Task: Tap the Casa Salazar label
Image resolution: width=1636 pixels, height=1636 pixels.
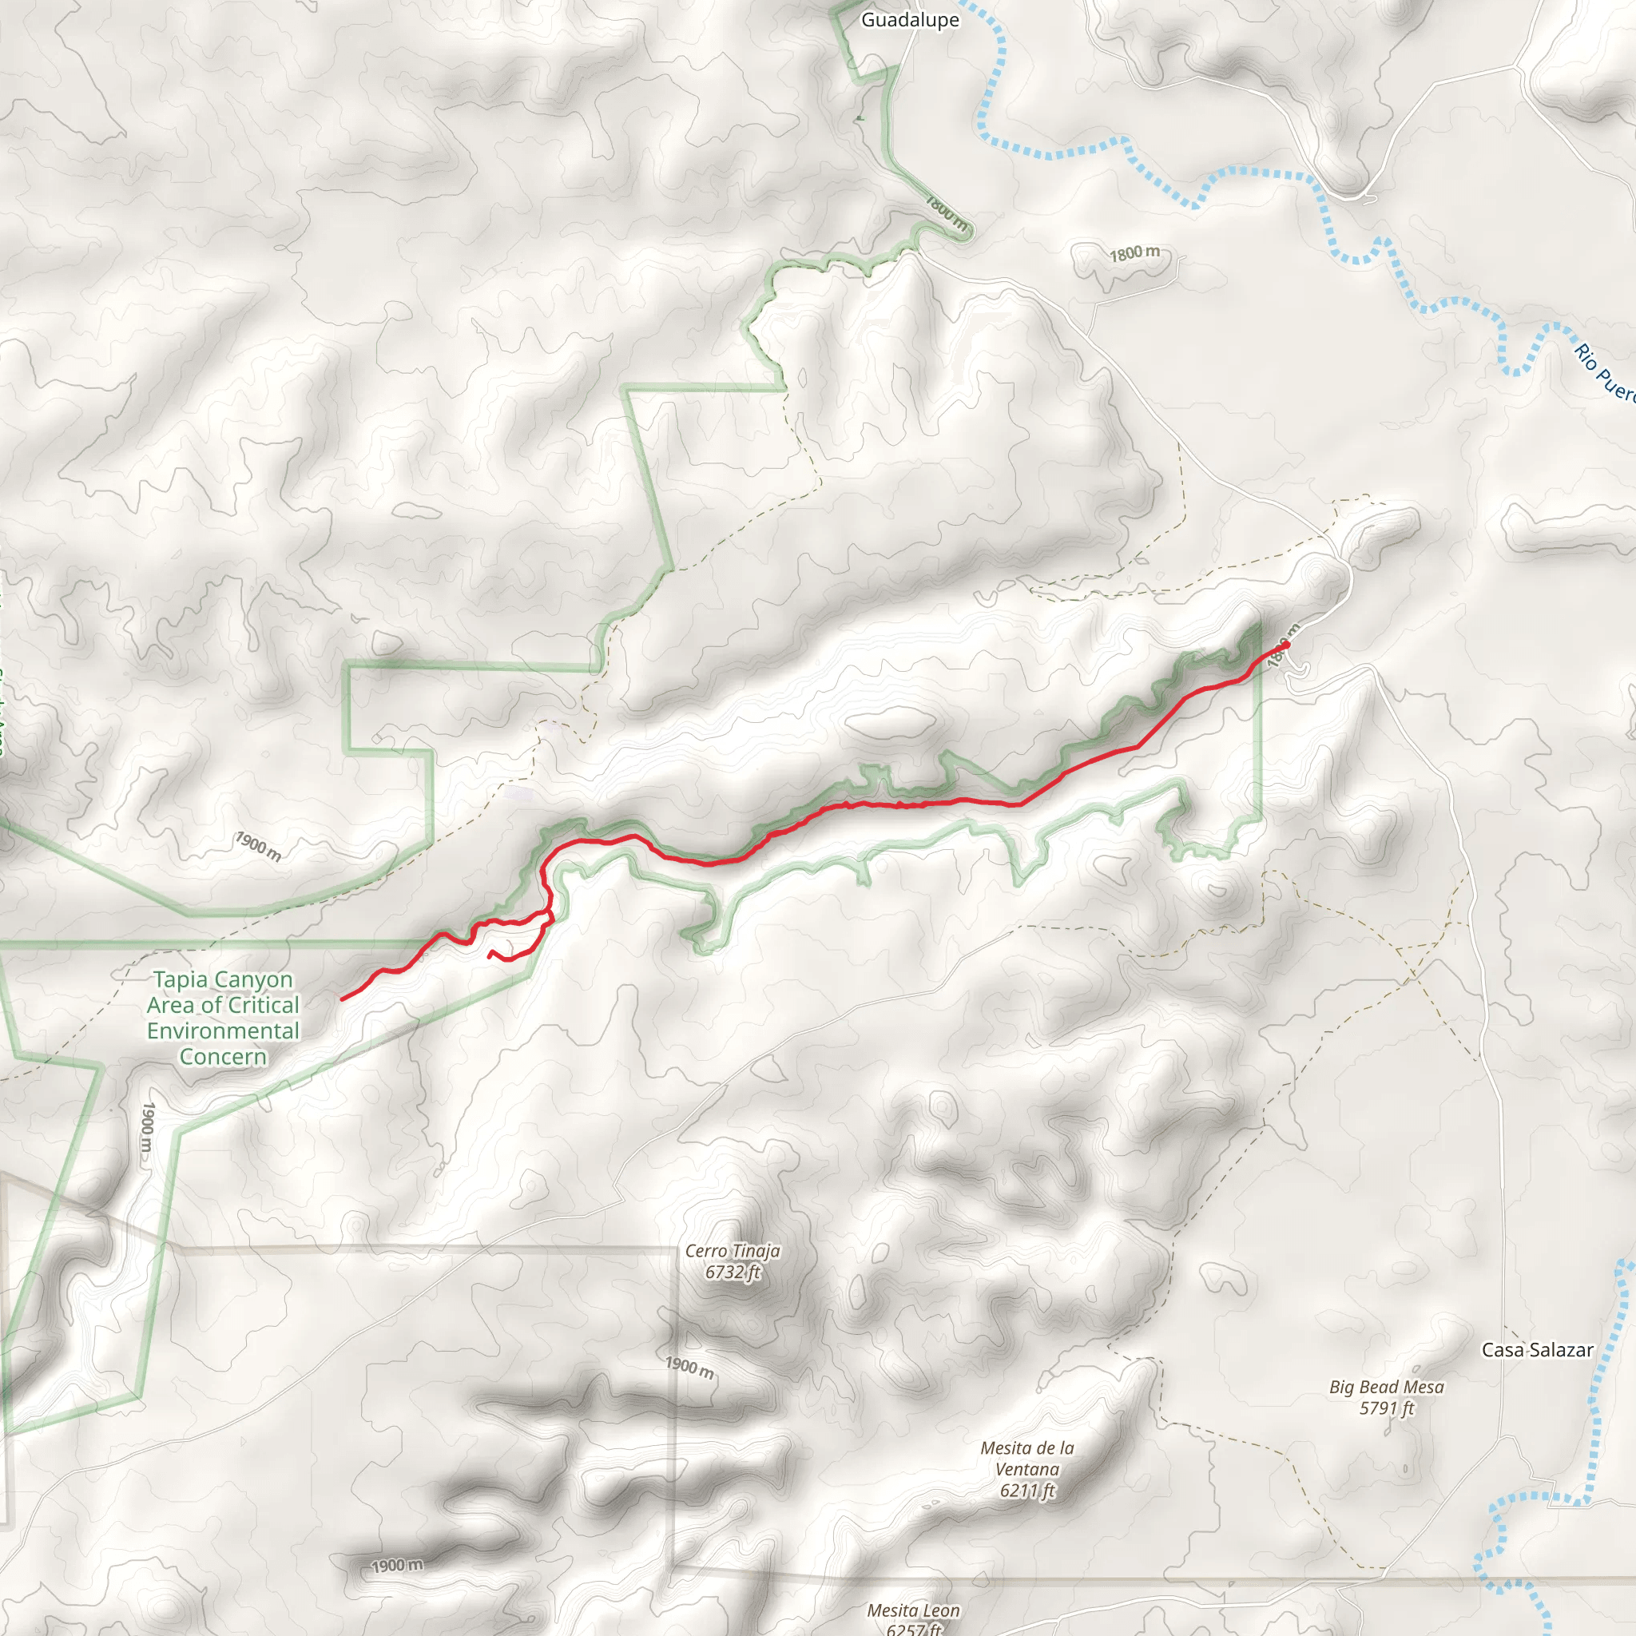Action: point(1537,1350)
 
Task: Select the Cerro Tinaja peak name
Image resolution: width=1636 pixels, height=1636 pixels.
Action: point(733,1251)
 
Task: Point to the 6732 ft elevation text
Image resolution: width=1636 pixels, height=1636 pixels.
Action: point(733,1272)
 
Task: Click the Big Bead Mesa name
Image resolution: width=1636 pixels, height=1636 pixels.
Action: point(1386,1387)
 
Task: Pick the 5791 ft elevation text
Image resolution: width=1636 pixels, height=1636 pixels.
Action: point(1387,1408)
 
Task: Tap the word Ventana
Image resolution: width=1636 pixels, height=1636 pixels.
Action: point(1027,1469)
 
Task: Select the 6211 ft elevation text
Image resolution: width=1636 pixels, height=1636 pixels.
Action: point(1027,1491)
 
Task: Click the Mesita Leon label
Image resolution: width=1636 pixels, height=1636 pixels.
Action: point(914,1610)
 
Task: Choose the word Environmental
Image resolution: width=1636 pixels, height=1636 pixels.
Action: point(224,1030)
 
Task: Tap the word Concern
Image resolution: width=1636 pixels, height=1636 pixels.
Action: point(223,1057)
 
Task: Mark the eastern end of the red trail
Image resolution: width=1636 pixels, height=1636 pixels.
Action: point(1285,645)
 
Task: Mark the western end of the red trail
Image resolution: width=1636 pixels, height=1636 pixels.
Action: point(341,999)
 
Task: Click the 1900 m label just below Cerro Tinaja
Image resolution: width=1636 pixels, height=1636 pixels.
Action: point(689,1367)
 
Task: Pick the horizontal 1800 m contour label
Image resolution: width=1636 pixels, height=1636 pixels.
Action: point(1134,253)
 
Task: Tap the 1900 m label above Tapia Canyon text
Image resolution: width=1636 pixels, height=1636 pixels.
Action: point(258,846)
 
